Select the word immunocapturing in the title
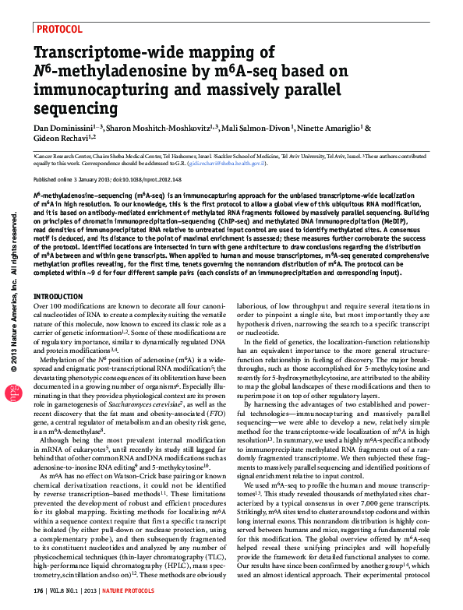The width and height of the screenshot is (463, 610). (97, 90)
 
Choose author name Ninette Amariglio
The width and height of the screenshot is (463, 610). (328, 128)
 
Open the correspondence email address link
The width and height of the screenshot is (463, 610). (231, 164)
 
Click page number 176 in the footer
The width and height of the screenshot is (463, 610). (39, 591)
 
